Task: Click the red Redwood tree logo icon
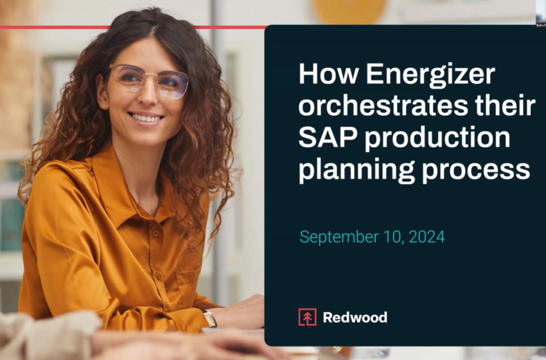pyautogui.click(x=307, y=317)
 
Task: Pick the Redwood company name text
pyautogui.click(x=355, y=317)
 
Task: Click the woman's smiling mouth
pyautogui.click(x=146, y=118)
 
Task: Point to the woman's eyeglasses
pyautogui.click(x=148, y=82)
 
